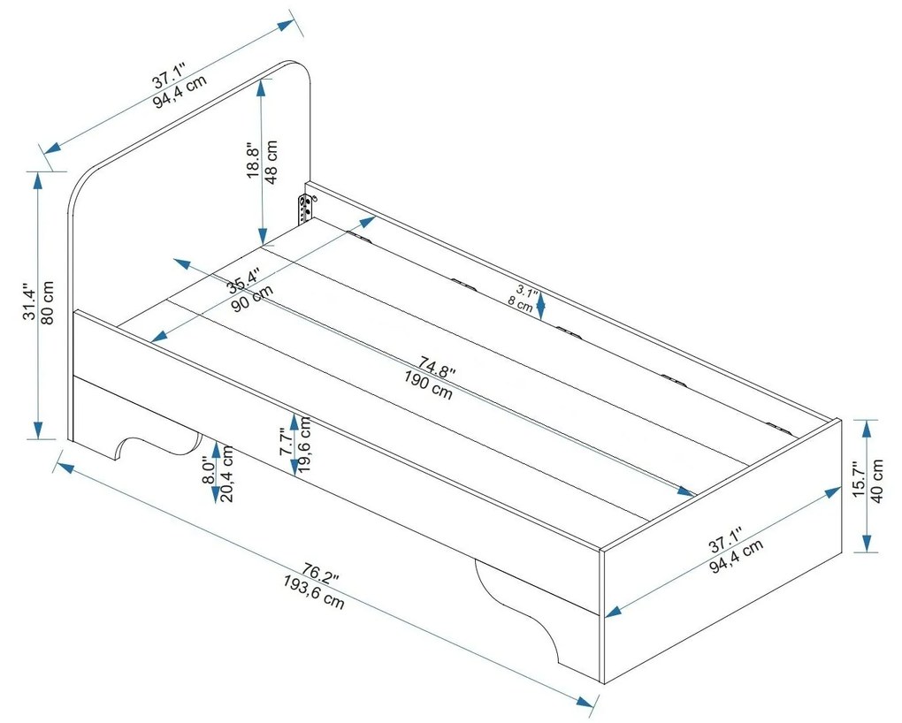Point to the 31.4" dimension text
click(x=29, y=302)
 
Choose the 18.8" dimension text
click(x=252, y=160)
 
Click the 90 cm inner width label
click(x=250, y=300)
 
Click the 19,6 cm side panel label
click(x=305, y=445)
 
